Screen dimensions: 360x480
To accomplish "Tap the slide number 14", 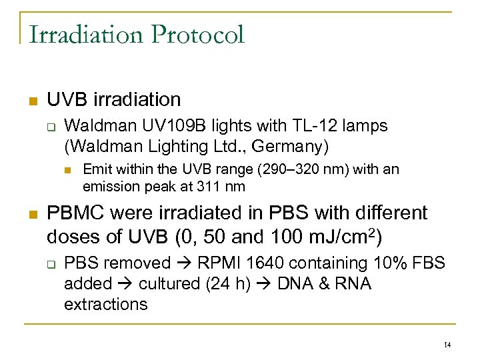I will point(447,345).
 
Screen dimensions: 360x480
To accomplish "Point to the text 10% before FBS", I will point(391,263).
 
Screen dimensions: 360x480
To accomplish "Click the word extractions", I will point(105,305).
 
